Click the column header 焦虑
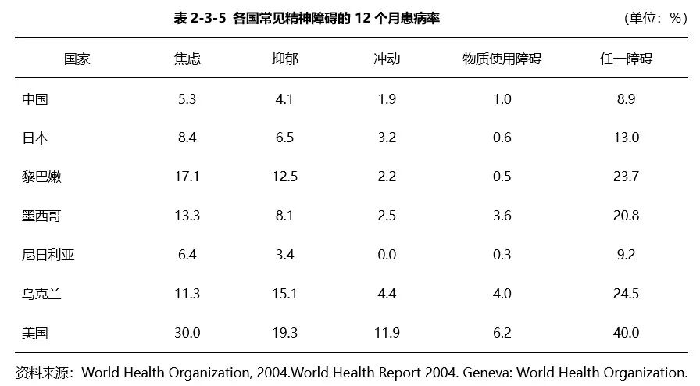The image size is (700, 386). tap(187, 59)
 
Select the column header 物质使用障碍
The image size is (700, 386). tap(502, 59)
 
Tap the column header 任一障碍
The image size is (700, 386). tap(626, 59)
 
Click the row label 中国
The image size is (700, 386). tap(35, 99)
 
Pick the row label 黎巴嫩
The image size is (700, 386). tap(42, 177)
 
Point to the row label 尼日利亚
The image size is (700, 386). tap(48, 255)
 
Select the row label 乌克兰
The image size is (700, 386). tap(42, 294)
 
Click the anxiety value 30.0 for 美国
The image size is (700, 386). tap(187, 333)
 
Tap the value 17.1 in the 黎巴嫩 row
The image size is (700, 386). tap(187, 177)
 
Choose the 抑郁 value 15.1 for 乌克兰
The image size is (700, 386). tap(284, 294)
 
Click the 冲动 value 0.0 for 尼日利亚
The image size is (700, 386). tap(386, 255)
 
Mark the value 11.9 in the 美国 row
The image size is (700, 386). tap(386, 333)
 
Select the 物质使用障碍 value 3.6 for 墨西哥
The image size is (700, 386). tap(502, 216)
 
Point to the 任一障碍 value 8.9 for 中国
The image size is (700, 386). tap(626, 99)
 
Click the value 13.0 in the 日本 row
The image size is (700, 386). tap(626, 138)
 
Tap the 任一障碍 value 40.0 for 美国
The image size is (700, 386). tap(626, 333)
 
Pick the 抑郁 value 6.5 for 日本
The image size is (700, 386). tap(284, 138)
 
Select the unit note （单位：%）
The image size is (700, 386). tap(655, 18)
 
